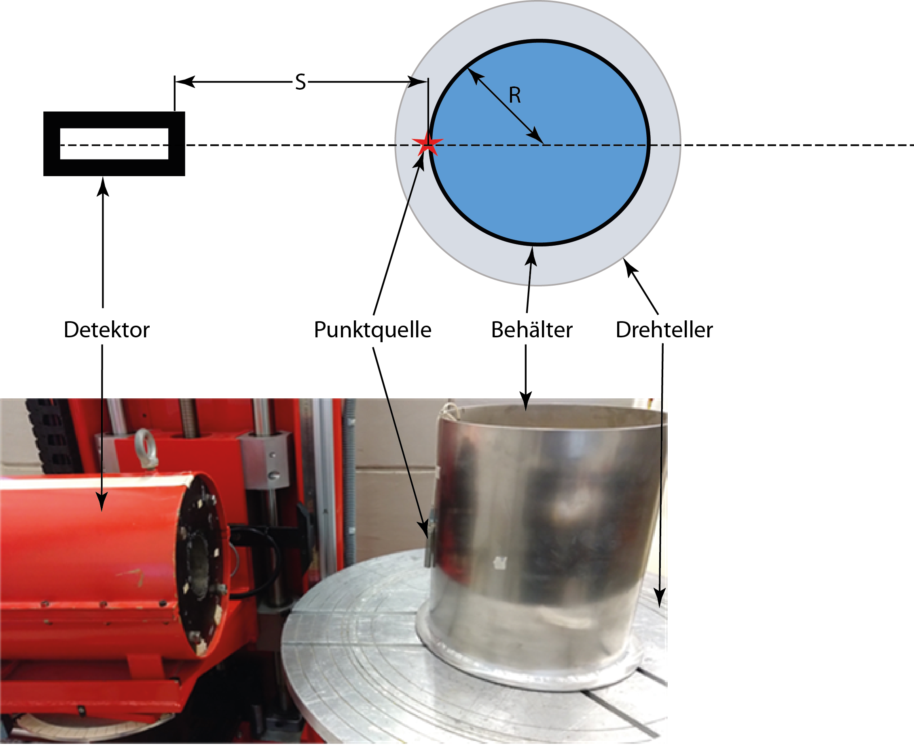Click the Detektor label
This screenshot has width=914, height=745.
click(x=106, y=330)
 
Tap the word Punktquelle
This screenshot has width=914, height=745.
click(x=372, y=330)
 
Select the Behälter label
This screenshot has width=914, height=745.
click(x=532, y=330)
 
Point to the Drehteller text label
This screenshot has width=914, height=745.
click(x=664, y=330)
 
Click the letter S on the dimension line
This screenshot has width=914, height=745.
click(x=300, y=82)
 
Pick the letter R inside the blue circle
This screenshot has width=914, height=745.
click(x=514, y=95)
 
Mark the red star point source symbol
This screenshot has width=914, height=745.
click(x=427, y=144)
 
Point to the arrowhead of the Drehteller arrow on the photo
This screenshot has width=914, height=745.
click(x=660, y=598)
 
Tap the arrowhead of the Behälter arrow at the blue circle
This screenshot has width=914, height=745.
click(x=532, y=255)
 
